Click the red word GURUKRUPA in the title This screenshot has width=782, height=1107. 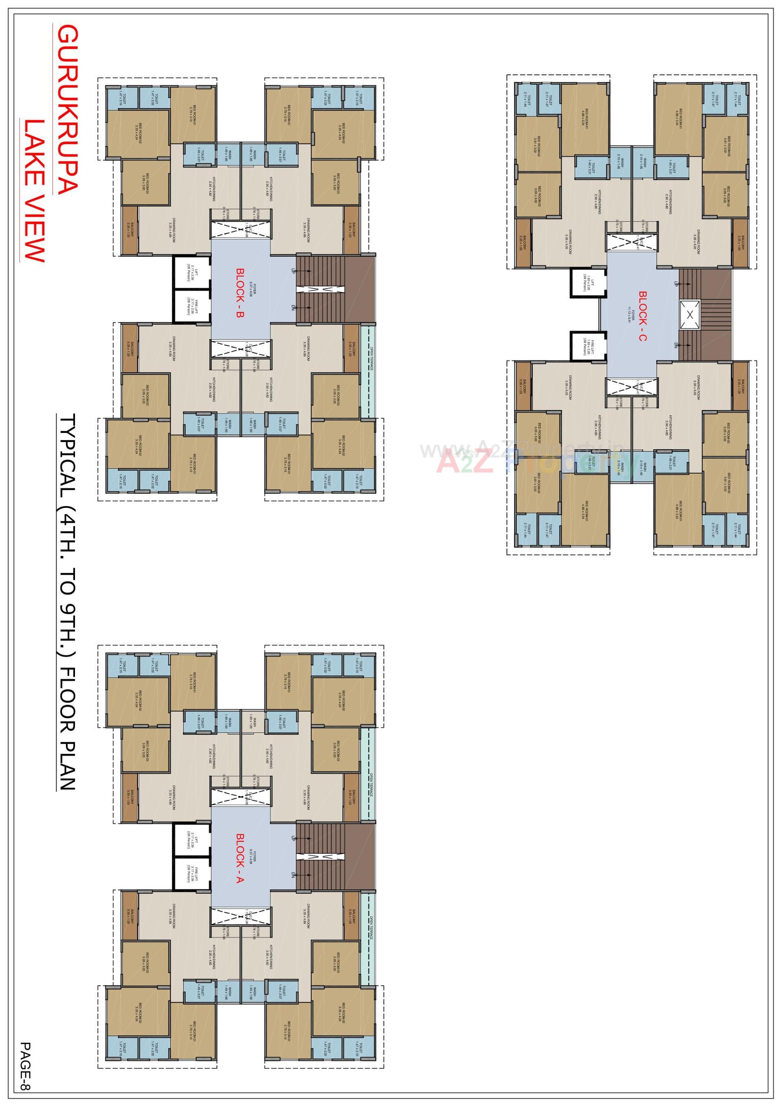(x=67, y=110)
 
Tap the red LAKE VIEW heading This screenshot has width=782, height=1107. (x=34, y=190)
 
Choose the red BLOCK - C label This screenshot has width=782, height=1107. (x=642, y=316)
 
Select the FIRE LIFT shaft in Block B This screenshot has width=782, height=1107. (x=192, y=306)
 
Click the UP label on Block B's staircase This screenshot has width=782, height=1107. (x=293, y=271)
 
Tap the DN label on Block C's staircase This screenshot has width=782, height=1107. (x=676, y=345)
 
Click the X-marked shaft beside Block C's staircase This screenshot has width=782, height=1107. (x=690, y=315)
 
